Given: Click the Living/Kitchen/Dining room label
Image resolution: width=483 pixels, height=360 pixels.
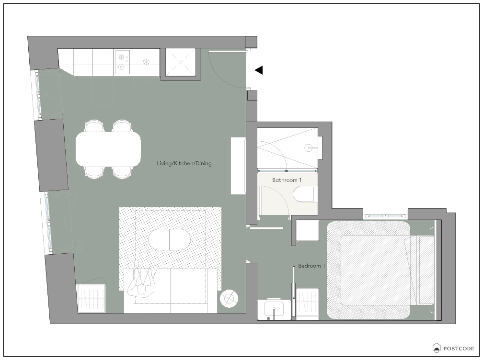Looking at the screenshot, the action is pos(184,163).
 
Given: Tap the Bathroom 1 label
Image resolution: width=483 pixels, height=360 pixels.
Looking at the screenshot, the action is pos(287,180).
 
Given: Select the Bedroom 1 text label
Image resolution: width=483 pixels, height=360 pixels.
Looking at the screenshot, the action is pos(311,266).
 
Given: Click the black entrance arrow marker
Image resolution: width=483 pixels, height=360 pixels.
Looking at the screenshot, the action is pos(259,70).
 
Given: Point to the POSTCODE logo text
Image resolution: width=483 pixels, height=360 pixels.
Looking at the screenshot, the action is pos(459,349).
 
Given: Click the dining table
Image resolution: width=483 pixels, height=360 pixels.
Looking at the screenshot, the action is pos(108,149).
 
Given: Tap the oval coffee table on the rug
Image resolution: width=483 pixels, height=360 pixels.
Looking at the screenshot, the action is pos(169,240).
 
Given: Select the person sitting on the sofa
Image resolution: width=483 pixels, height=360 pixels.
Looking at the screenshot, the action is pos(142,280).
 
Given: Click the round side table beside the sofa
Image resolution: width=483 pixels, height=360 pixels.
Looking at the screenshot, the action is pos(229,298).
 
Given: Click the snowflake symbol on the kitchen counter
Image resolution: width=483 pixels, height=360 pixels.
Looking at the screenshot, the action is pos(146,62).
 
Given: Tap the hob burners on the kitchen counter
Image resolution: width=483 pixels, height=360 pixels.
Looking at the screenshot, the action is pos(122,62).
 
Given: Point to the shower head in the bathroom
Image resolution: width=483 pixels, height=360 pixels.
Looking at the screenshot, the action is pos(309,148).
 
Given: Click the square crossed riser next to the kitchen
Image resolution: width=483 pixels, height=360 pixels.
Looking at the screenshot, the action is pos(181,62).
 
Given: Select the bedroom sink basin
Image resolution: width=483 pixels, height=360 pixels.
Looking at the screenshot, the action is pos(274,309).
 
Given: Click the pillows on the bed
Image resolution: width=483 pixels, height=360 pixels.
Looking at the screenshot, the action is pos(421,270).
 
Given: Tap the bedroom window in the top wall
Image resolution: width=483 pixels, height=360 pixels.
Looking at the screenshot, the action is pos(385,216).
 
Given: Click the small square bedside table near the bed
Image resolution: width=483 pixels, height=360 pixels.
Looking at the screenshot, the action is pos(308,231).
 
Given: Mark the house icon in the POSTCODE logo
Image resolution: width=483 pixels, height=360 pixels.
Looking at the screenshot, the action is pos(437,348).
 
